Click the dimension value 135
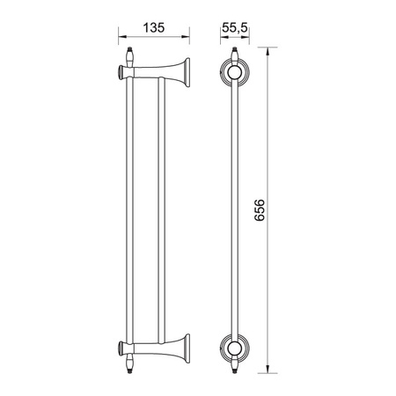pyautogui.click(x=154, y=28)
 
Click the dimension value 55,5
pyautogui.click(x=235, y=27)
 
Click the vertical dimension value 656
pyautogui.click(x=260, y=210)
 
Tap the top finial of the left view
pyautogui.click(x=129, y=55)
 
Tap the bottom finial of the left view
pyautogui.click(x=129, y=363)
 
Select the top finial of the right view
pyautogui.click(x=234, y=55)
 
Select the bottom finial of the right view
pyautogui.click(x=234, y=363)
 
